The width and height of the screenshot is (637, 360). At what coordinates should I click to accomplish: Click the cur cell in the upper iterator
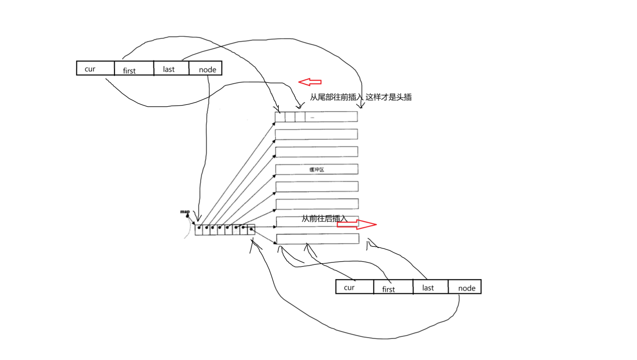point(95,68)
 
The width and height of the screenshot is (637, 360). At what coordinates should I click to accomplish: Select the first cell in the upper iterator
point(134,68)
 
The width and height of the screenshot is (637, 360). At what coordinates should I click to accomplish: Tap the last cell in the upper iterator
point(171,68)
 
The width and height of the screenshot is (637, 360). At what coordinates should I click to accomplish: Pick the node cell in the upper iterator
point(205,68)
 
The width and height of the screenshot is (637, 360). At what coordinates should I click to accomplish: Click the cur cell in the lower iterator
point(354,287)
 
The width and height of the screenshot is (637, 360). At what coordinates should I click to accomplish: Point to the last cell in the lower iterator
point(430,287)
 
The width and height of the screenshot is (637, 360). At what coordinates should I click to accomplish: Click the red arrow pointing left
point(310,82)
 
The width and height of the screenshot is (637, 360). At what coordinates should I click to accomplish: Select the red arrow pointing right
point(356,224)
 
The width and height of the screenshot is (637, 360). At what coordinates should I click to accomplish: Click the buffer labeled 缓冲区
point(316,169)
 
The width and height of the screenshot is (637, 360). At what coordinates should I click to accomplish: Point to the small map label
point(185,212)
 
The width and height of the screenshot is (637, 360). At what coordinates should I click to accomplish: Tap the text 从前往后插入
point(324,219)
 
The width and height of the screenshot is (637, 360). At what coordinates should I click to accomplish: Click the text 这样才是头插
point(389,97)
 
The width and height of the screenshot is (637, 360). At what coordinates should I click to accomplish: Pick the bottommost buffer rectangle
point(317,239)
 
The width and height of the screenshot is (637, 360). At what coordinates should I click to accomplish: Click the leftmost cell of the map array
point(199,230)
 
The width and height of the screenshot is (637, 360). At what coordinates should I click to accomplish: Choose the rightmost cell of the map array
point(251,230)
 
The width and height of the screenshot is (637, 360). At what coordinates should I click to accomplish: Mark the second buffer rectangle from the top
point(316,134)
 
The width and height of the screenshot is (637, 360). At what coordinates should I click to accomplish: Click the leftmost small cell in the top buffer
point(280,117)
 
